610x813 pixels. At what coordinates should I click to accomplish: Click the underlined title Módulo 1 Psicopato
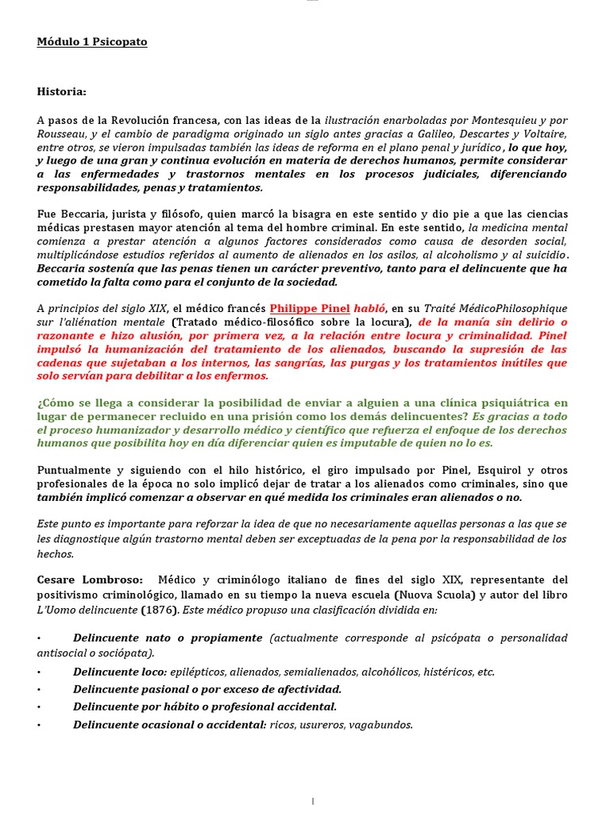(92, 42)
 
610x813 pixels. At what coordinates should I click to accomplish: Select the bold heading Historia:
(62, 91)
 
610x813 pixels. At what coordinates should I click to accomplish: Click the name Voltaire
(541, 133)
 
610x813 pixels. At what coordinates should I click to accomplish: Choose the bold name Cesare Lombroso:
(91, 580)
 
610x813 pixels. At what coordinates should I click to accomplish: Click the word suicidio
(542, 254)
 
